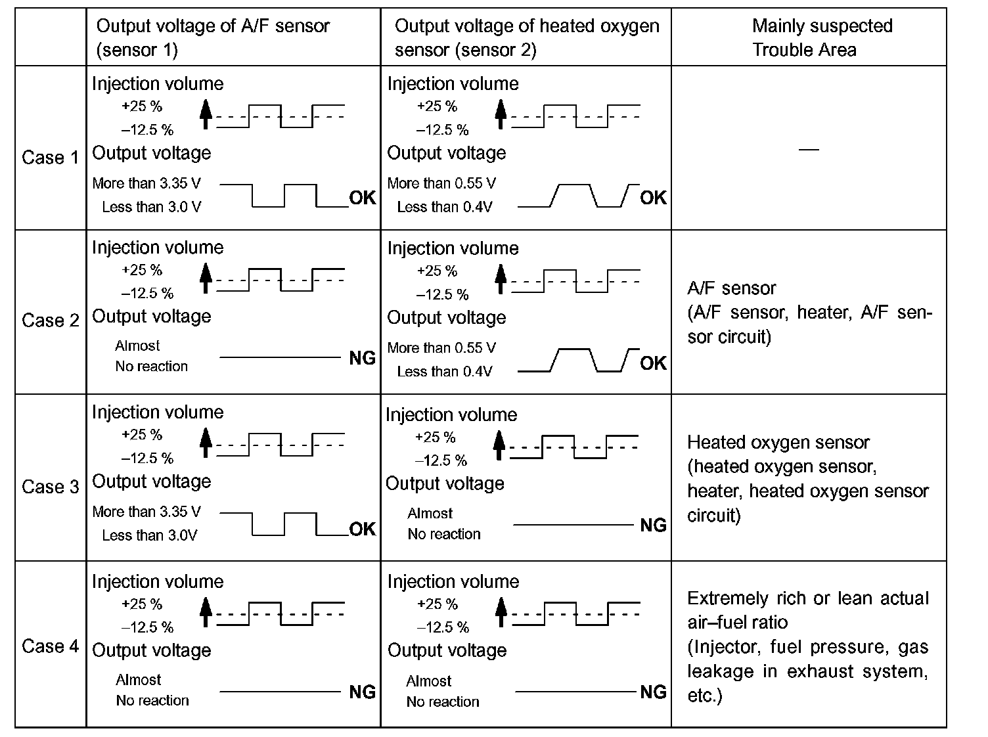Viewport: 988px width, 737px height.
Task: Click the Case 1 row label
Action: pos(50,158)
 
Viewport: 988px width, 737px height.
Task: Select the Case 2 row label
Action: pos(50,321)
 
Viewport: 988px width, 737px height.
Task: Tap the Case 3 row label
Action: pos(50,487)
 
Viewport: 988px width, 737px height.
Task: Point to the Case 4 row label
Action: pos(50,646)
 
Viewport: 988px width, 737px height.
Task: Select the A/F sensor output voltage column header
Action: pos(213,37)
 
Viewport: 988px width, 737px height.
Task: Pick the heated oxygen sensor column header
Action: pos(527,37)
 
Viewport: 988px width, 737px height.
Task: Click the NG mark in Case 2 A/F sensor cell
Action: pos(362,358)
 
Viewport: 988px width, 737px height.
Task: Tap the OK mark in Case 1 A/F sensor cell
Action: pos(362,198)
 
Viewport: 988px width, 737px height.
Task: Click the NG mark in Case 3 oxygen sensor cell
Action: pos(653,525)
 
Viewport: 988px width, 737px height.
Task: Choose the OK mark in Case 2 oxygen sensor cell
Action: pos(653,363)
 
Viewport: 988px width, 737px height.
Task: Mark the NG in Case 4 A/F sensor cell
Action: pos(362,692)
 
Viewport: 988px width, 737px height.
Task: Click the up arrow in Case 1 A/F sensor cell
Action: pos(206,113)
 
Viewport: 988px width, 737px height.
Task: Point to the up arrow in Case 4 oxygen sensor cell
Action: pos(501,611)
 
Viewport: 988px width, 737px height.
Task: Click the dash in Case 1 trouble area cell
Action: pos(809,150)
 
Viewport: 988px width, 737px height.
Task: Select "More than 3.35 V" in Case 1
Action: pos(146,183)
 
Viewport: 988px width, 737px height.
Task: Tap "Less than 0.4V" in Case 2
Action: pos(444,372)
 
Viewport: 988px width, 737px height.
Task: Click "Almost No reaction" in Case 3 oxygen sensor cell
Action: pos(443,524)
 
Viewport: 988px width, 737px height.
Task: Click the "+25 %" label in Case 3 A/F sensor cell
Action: pos(142,435)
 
